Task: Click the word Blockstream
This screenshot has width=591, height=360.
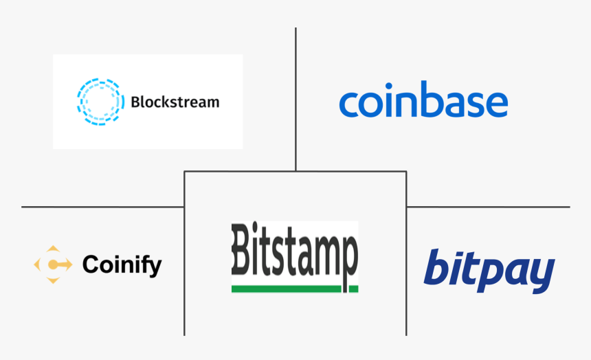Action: [x=175, y=102]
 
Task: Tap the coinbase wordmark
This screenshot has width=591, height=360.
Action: [x=423, y=101]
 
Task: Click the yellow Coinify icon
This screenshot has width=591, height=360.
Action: [x=54, y=265]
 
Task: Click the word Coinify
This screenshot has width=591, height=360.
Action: [x=122, y=265]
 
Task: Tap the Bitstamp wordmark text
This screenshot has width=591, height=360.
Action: [x=295, y=251]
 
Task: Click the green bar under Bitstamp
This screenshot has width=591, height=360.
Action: [x=295, y=289]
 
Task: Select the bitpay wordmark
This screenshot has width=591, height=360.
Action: [x=489, y=271]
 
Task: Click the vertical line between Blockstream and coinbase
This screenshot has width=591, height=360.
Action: [x=295, y=96]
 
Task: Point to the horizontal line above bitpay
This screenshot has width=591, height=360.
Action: [x=488, y=206]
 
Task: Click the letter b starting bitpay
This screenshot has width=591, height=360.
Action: [x=437, y=267]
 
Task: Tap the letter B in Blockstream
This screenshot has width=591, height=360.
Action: [x=135, y=102]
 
